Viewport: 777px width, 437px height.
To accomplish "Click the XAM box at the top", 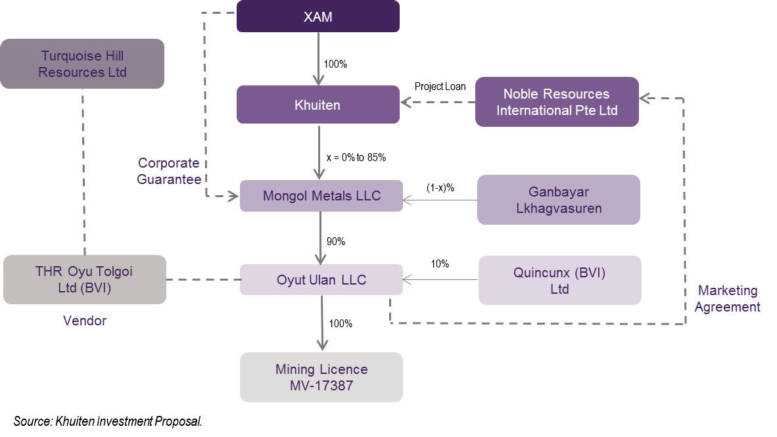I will click(x=318, y=16).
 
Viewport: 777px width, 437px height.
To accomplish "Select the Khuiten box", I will click(x=318, y=104).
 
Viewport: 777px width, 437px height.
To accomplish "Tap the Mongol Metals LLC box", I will click(x=321, y=196).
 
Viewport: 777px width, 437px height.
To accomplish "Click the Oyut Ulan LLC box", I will click(x=321, y=280).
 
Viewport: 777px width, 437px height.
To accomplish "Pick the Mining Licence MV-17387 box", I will click(x=321, y=377).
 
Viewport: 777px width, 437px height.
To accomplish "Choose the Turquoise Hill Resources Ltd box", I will click(x=82, y=64).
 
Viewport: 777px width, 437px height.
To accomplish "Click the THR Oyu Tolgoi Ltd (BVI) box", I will click(x=84, y=280).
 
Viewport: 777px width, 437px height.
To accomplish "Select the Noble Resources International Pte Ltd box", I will click(x=557, y=102).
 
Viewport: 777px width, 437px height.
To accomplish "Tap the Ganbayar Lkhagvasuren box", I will click(x=558, y=200).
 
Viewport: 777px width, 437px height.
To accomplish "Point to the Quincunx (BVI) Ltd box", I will click(x=559, y=281).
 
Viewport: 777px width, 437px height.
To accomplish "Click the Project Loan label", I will click(x=440, y=87).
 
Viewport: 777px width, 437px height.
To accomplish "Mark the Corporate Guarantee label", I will click(x=169, y=171).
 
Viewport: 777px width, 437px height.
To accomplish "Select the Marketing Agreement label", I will click(x=727, y=298).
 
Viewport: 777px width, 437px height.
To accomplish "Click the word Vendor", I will click(x=85, y=321).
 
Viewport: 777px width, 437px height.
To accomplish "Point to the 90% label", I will click(x=336, y=241).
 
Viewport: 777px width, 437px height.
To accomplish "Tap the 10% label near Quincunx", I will click(x=440, y=264).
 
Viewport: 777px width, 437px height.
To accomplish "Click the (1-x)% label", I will click(x=440, y=188).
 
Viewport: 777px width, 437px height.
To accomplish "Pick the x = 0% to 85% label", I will click(x=356, y=158).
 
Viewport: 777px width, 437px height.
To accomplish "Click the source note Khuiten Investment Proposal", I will click(x=107, y=421).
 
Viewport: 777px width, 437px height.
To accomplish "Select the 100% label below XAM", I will click(x=335, y=64).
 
